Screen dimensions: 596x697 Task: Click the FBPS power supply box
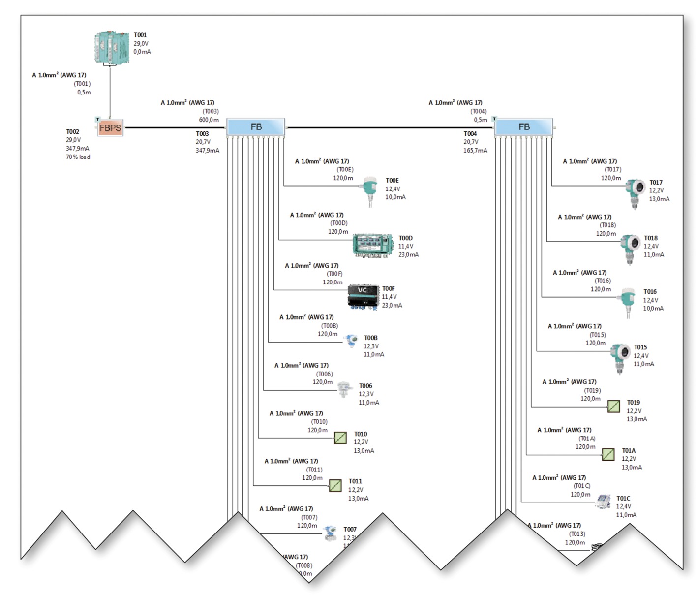pyautogui.click(x=110, y=128)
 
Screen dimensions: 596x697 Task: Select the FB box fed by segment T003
pyautogui.click(x=256, y=127)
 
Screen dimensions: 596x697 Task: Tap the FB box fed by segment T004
pyautogui.click(x=524, y=127)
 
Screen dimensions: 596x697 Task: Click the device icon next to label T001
pyautogui.click(x=112, y=48)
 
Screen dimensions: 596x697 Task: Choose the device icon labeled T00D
pyautogui.click(x=373, y=245)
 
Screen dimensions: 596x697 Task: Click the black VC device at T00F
pyautogui.click(x=363, y=296)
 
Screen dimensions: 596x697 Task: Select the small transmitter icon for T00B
pyautogui.click(x=351, y=341)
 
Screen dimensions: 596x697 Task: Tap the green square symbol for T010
pyautogui.click(x=340, y=438)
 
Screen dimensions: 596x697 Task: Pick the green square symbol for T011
pyautogui.click(x=335, y=486)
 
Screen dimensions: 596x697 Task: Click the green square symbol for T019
pyautogui.click(x=613, y=407)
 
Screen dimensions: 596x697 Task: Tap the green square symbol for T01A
pyautogui.click(x=608, y=454)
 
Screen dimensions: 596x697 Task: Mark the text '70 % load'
pyautogui.click(x=78, y=157)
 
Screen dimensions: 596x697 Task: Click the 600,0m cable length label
pyautogui.click(x=209, y=120)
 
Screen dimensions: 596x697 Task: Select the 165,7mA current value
pyautogui.click(x=475, y=151)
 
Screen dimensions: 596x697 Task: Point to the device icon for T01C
pyautogui.click(x=604, y=502)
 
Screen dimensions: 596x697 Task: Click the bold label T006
pyautogui.click(x=365, y=386)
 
